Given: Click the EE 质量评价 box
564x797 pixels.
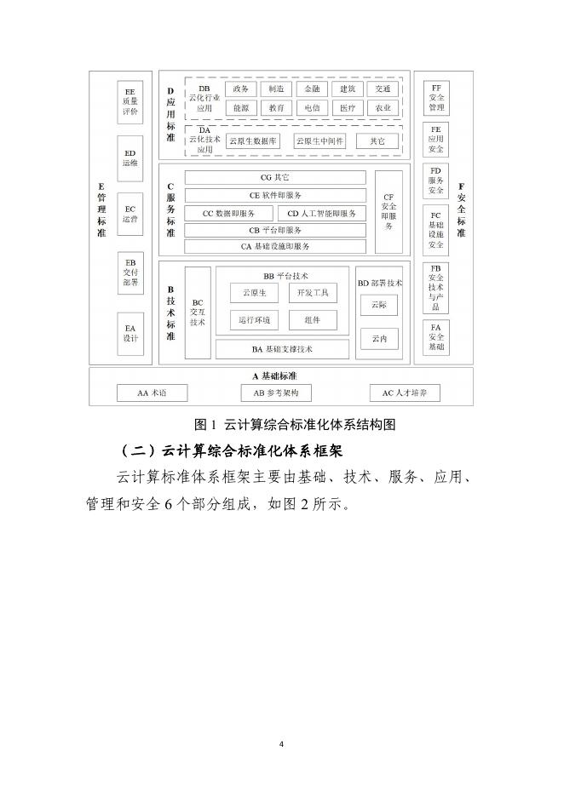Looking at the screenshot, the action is pyautogui.click(x=130, y=101).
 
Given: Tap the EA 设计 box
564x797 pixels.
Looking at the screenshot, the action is pyautogui.click(x=130, y=333).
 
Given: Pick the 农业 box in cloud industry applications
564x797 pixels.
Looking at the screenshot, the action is pyautogui.click(x=383, y=108).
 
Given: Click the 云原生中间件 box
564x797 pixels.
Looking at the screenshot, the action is pyautogui.click(x=319, y=141).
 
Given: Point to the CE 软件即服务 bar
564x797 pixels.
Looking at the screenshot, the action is pyautogui.click(x=275, y=195).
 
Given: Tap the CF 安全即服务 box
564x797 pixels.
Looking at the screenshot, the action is pyautogui.click(x=388, y=212).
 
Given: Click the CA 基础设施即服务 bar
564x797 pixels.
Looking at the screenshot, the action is pyautogui.click(x=275, y=246).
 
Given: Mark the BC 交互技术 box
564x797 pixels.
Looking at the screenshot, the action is pyautogui.click(x=198, y=312).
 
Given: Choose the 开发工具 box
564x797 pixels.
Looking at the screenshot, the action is pyautogui.click(x=313, y=293).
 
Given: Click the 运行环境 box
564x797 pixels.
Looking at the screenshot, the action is pyautogui.click(x=254, y=320).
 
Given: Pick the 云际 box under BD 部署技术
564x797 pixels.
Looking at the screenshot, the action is pyautogui.click(x=379, y=305).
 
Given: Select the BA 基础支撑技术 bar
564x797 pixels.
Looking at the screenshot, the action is pyautogui.click(x=282, y=349).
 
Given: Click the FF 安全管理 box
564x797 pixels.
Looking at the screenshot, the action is pyautogui.click(x=436, y=98).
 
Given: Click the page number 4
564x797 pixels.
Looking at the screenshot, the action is pyautogui.click(x=281, y=744).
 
